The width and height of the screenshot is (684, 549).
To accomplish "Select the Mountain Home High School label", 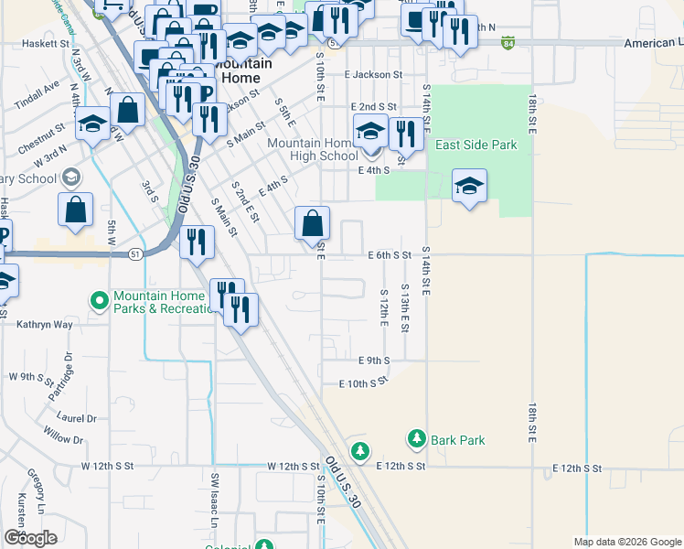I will pyautogui.click(x=313, y=149).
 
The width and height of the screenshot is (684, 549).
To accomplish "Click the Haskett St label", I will pyautogui.click(x=46, y=43).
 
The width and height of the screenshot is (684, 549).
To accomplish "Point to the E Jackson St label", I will pyautogui.click(x=373, y=74).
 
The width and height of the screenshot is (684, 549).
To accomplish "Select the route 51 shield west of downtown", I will pyautogui.click(x=134, y=253).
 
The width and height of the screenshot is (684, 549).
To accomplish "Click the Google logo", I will pyautogui.click(x=30, y=538).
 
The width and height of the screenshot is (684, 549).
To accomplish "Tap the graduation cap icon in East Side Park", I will pyautogui.click(x=469, y=185).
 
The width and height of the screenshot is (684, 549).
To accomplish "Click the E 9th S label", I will pyautogui.click(x=375, y=361).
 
